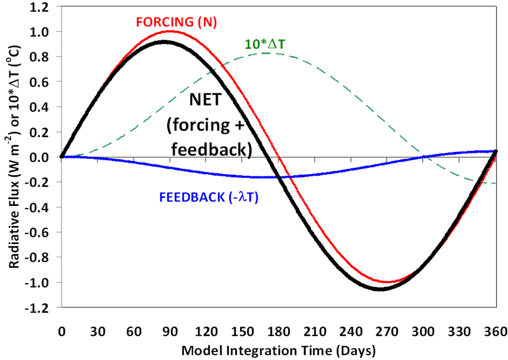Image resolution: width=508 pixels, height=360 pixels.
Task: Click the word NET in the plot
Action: pyautogui.click(x=207, y=101)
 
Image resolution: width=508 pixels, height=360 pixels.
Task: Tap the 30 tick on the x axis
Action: pyautogui.click(x=97, y=331)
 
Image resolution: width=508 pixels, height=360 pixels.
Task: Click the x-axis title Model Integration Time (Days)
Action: pyautogui.click(x=278, y=350)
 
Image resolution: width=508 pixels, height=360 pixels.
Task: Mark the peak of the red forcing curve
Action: pyautogui.click(x=170, y=32)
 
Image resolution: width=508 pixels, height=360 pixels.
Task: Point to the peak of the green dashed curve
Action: pyautogui.click(x=266, y=53)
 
